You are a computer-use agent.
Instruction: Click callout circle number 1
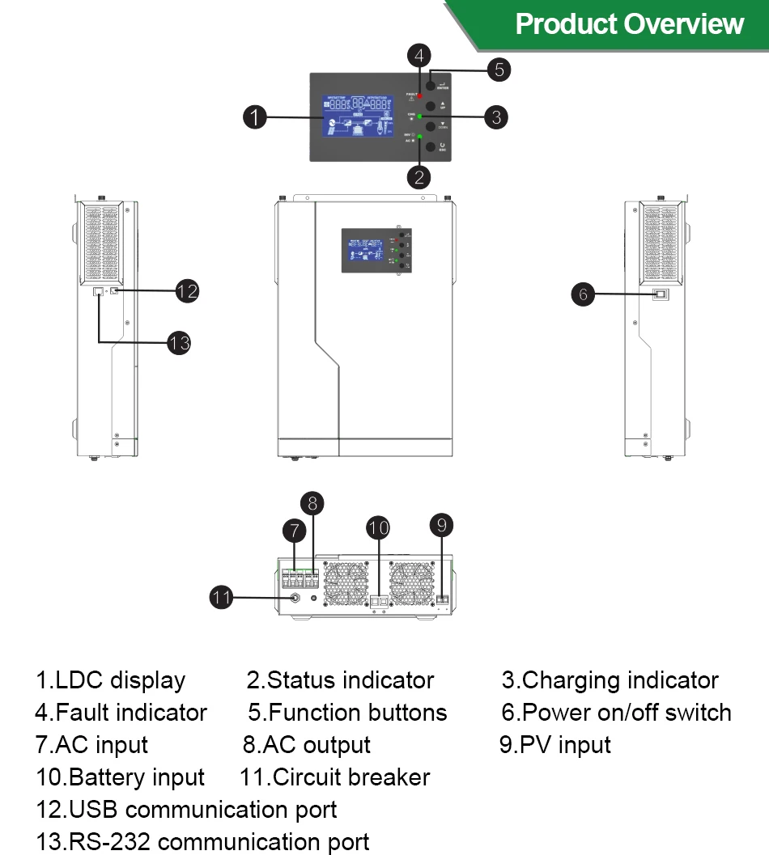255,117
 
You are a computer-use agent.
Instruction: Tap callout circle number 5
499,70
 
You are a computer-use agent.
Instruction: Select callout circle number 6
583,294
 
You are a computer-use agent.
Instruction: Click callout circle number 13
179,343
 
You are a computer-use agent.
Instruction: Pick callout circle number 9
441,525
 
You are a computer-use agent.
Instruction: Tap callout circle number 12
187,290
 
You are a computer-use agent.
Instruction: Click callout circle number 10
378,528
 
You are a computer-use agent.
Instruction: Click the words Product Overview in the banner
629,23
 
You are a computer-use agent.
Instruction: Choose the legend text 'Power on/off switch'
627,713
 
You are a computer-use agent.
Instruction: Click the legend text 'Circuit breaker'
351,777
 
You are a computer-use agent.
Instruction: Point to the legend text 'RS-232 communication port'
219,842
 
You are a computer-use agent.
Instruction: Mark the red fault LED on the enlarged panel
420,96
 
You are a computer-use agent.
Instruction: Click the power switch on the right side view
661,294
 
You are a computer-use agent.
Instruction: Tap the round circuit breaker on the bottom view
295,599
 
